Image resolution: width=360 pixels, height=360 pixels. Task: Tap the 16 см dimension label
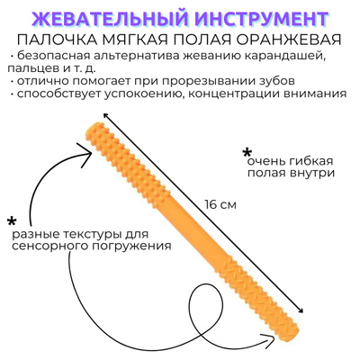[x=220, y=205]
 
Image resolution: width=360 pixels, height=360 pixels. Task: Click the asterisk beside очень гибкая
[x=247, y=152]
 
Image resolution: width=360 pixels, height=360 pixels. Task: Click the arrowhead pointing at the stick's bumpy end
[x=86, y=154]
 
